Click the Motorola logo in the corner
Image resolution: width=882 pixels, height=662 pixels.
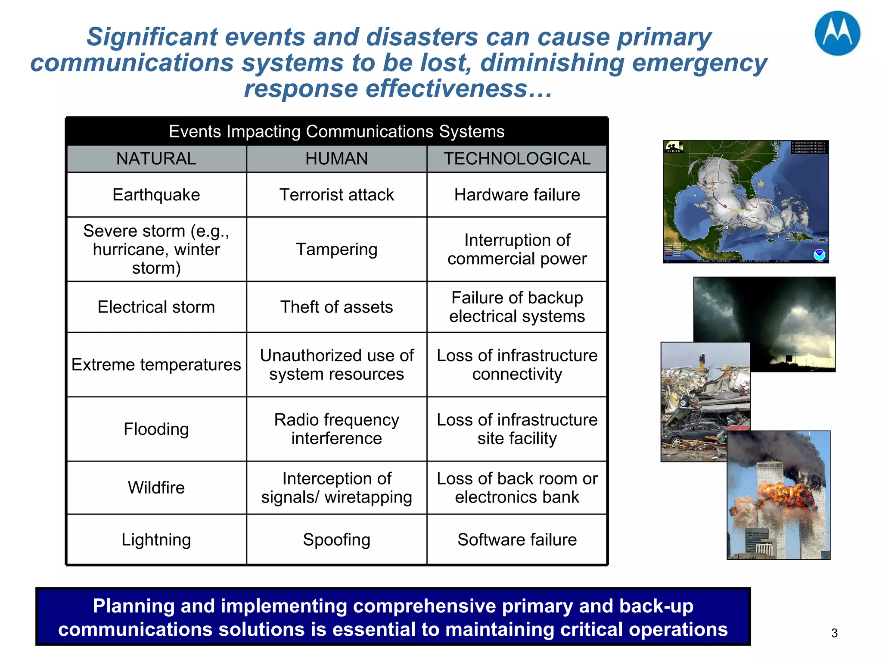tap(837, 34)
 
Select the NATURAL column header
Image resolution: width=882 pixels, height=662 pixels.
tap(156, 159)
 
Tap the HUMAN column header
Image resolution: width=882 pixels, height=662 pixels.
tap(336, 159)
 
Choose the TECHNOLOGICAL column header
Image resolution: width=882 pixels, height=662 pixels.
tap(517, 159)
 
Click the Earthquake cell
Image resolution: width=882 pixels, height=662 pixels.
tap(156, 195)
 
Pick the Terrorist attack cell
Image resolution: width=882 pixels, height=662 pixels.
tap(336, 195)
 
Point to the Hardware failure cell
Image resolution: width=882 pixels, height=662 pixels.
tap(517, 195)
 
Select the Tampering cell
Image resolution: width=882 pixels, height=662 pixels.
tap(336, 249)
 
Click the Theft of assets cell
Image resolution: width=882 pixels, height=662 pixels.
tap(336, 307)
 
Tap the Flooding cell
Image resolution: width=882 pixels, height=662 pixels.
tap(156, 429)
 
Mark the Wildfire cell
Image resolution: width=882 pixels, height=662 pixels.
tap(156, 487)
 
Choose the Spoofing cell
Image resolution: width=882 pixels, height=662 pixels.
tap(336, 540)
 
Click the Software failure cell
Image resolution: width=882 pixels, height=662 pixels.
tap(517, 540)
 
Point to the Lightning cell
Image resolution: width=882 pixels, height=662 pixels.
tap(156, 540)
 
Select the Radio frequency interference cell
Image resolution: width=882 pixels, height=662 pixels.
tap(336, 429)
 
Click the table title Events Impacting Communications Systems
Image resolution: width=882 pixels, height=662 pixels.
tap(336, 131)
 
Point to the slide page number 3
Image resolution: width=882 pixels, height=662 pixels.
tap(834, 633)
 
